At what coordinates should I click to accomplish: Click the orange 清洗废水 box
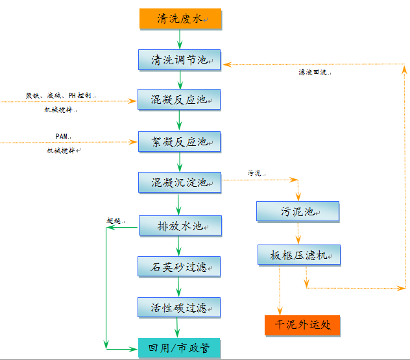180,19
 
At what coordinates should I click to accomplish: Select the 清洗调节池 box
180,60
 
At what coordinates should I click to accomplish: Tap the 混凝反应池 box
180,100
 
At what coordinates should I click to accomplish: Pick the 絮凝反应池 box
180,141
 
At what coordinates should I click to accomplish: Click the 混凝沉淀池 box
180,182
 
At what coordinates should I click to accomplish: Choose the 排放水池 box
180,226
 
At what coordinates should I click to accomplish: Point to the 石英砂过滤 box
180,266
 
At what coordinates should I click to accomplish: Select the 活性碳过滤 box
180,307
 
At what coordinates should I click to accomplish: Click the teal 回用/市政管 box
180,348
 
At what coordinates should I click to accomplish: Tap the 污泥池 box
298,211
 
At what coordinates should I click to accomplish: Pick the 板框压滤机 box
298,256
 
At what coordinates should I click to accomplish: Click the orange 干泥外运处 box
302,324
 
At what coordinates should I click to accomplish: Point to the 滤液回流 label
315,73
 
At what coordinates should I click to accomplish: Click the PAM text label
62,136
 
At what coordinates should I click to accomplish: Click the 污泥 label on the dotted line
256,173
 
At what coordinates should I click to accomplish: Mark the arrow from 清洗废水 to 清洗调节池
180,39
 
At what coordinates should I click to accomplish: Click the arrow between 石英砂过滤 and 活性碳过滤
180,287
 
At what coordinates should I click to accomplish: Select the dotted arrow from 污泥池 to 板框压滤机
298,234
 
